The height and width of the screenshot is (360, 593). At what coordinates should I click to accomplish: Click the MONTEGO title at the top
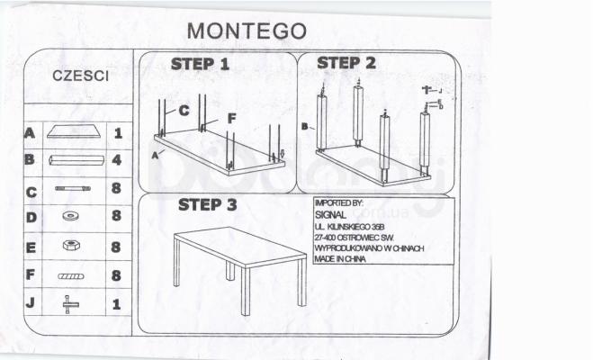pos(247,30)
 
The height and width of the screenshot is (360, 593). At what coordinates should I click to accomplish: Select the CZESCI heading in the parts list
pos(81,76)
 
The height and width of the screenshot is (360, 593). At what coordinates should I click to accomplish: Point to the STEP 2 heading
pos(346,63)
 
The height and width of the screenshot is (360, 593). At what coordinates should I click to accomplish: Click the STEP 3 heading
pos(207,204)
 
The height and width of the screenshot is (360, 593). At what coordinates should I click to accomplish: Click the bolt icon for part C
pos(72,188)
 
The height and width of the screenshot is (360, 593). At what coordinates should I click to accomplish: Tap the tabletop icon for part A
pos(71,132)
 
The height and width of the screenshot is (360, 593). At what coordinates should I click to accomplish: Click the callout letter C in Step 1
pos(183,111)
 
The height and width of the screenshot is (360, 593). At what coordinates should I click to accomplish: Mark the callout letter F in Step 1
pos(231,117)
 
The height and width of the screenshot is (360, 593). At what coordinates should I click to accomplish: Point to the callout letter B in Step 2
pos(305,127)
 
